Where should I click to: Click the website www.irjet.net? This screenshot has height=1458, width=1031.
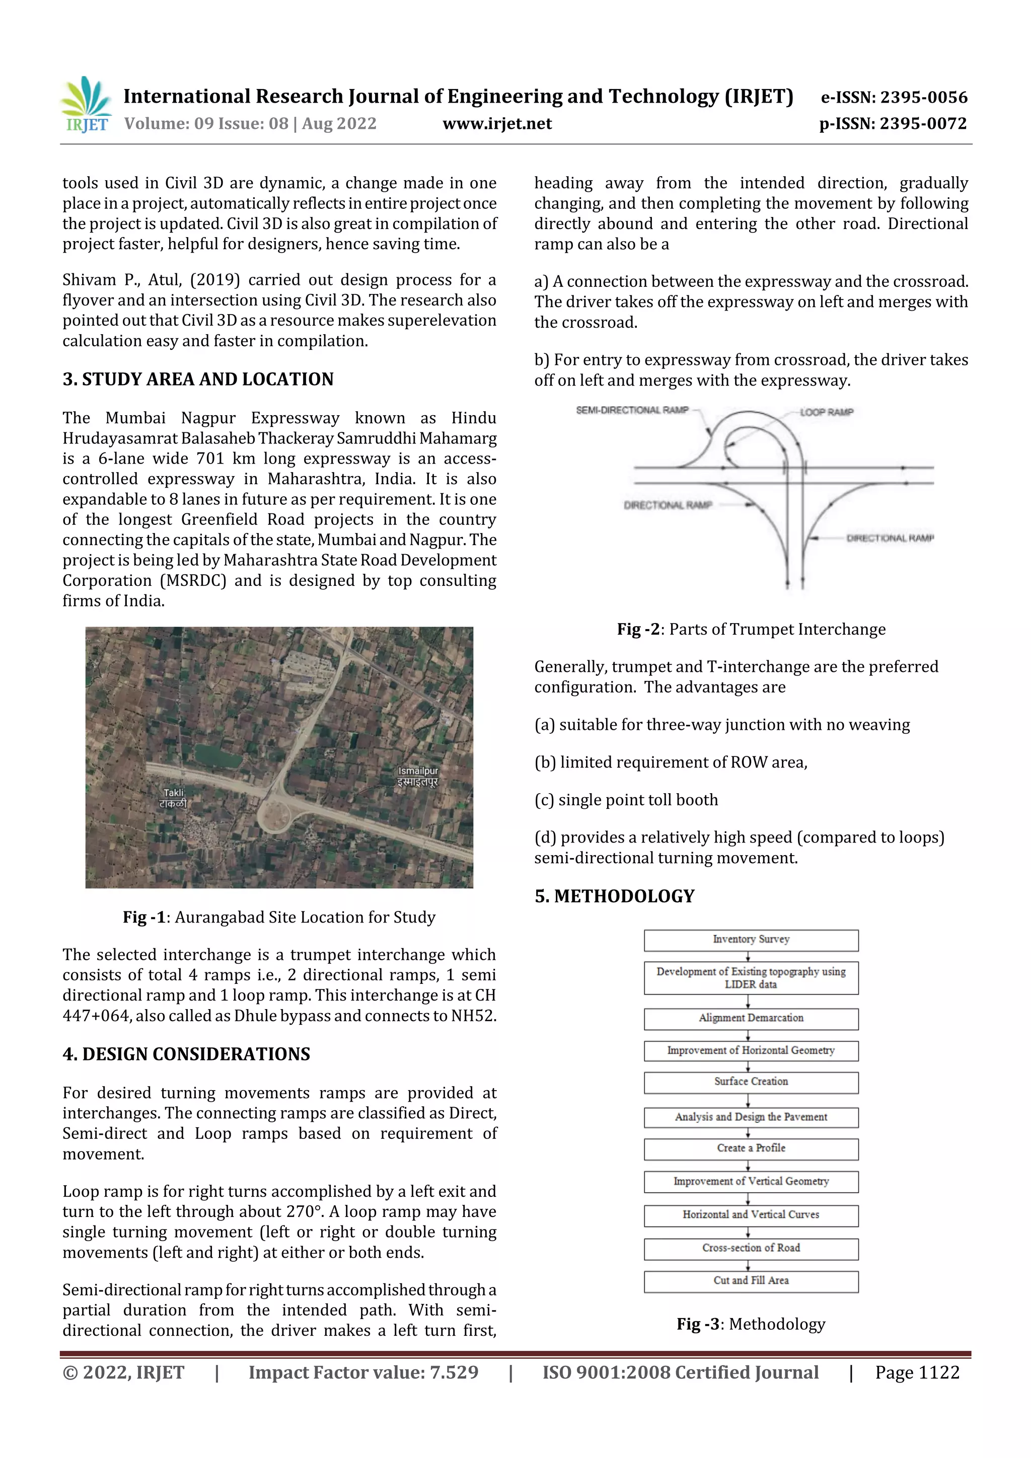tap(497, 124)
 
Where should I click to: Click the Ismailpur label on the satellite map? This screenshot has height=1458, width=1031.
tap(417, 776)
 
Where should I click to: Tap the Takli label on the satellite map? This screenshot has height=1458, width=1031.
tap(173, 798)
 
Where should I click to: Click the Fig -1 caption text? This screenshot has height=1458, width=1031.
tap(279, 917)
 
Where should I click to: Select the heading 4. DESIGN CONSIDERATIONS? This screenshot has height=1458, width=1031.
tap(186, 1054)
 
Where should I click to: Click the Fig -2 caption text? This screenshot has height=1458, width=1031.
tap(751, 629)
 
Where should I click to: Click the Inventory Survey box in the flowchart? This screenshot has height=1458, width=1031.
tap(751, 940)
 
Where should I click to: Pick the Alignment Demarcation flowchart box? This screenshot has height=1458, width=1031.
tap(751, 1019)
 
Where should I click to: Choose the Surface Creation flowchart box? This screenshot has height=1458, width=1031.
tap(751, 1082)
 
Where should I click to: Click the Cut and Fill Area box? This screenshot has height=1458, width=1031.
tap(751, 1281)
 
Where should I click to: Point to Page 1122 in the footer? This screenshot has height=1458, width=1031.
tap(917, 1373)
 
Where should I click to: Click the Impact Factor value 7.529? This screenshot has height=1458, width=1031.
tap(363, 1373)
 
